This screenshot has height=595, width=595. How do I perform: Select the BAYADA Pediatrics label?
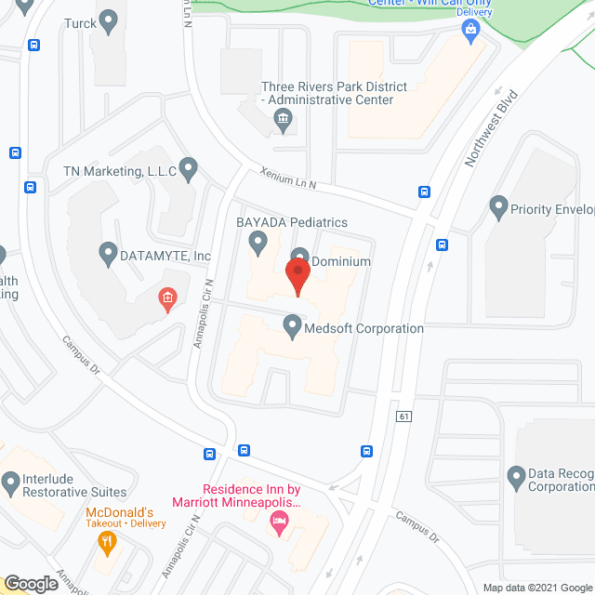coord(292,222)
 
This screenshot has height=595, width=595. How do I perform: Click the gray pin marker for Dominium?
coord(299,257)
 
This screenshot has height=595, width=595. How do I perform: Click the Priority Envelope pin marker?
coord(498,205)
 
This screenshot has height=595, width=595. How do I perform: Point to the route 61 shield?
coord(403,416)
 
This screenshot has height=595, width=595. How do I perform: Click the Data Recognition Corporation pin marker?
coord(516,479)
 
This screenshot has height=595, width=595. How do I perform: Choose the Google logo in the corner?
coord(31,584)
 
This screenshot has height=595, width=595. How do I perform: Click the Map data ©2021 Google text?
coord(536,588)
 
